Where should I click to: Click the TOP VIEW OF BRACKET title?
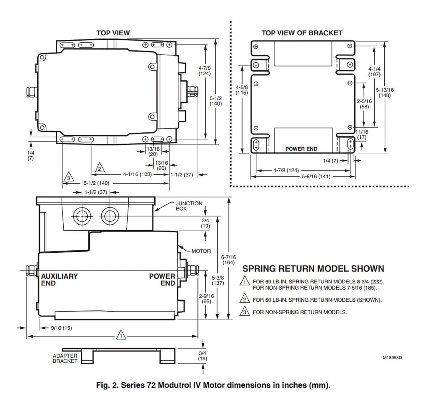[x=302, y=33]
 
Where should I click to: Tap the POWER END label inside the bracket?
[x=301, y=149]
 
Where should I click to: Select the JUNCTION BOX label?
[x=189, y=206]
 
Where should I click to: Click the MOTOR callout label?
[x=201, y=251]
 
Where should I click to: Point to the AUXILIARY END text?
[x=59, y=280]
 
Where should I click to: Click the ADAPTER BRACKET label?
[x=65, y=358]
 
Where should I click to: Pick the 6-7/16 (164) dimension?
[x=229, y=260]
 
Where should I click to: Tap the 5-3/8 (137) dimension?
[x=218, y=280]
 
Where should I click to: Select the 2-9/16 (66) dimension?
[x=206, y=299]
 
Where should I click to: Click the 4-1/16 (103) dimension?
[x=138, y=174]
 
